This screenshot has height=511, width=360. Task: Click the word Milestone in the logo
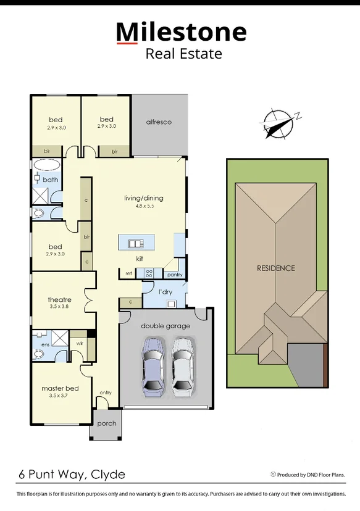181,31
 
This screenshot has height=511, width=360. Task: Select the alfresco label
159,122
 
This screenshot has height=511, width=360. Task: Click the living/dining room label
144,198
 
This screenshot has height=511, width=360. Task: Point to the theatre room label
60,300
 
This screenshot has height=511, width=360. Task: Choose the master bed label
60,388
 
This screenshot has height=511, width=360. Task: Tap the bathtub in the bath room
46,165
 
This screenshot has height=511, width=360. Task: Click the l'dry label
165,291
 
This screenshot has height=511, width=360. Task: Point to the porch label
106,423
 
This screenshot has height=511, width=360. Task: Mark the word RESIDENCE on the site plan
276,268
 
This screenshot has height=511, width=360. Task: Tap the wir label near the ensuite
80,343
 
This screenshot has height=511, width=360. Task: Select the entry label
106,393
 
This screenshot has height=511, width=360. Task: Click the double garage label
165,326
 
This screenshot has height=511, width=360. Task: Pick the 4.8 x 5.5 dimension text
144,206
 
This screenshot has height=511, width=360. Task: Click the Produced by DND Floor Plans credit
307,475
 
